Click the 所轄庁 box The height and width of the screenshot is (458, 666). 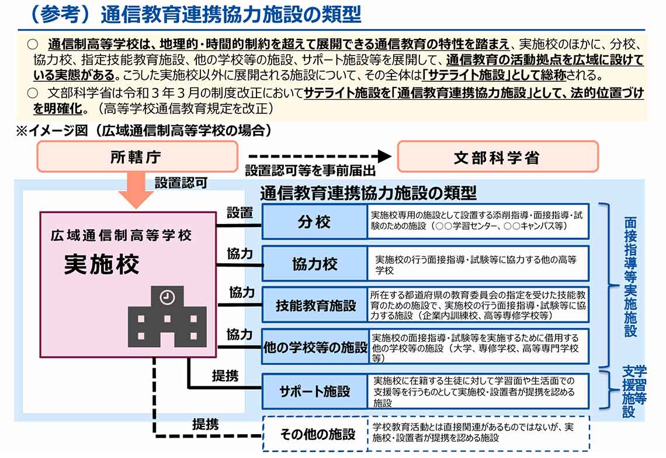pos(137,157)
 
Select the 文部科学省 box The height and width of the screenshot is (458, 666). pos(498,157)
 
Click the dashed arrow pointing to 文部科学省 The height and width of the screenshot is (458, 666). pos(318,156)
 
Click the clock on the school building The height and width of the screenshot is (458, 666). pos(166,296)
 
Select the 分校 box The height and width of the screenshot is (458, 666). pos(314,222)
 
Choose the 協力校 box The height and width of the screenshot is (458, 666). pos(314,264)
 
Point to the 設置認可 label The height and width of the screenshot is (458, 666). pos(181,183)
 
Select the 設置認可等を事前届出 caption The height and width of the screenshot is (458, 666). pos(310,171)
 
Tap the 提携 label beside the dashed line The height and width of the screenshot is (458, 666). pos(206,424)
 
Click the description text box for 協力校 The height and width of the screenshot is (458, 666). pos(478,264)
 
